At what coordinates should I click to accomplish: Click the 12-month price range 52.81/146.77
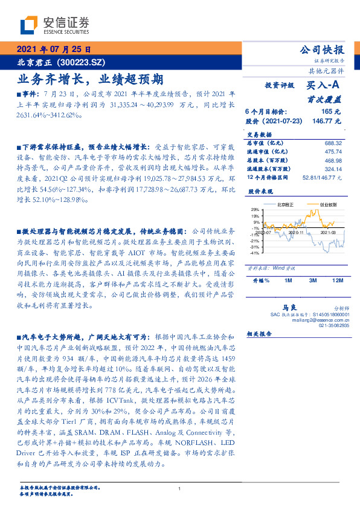[324, 178]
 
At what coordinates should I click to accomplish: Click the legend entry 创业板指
[328, 205]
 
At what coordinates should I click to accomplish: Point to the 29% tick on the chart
[255, 210]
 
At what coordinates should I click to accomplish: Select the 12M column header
[338, 281]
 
